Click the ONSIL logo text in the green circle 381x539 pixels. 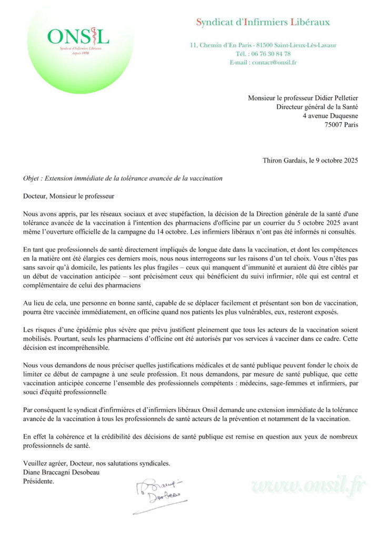(x=78, y=36)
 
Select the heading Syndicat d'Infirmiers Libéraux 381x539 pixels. (x=263, y=22)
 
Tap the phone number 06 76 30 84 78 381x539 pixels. (x=270, y=54)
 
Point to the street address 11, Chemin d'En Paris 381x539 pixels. (x=219, y=45)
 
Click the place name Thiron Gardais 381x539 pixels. (x=283, y=161)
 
